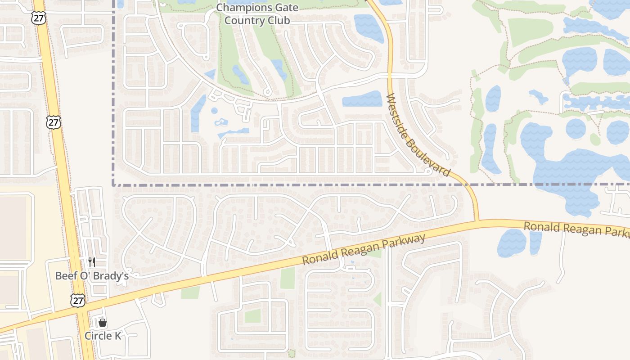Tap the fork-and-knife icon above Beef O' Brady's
pyautogui.click(x=92, y=262)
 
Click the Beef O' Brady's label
pyautogui.click(x=92, y=275)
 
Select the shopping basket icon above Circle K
pyautogui.click(x=103, y=323)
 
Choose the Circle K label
pyautogui.click(x=103, y=336)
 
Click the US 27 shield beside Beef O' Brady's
pyautogui.click(x=78, y=300)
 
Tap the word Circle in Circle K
pyautogui.click(x=98, y=336)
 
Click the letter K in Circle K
pyautogui.click(x=118, y=336)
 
